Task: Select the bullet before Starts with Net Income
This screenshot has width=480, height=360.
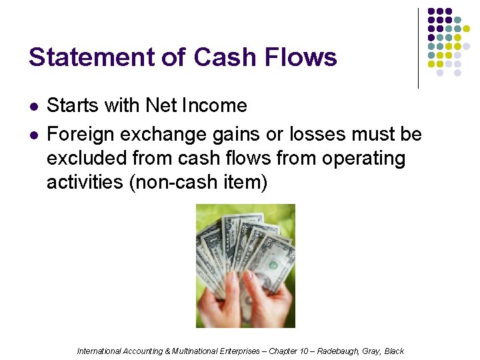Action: click(x=33, y=107)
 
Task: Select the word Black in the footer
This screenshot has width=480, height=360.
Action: click(x=394, y=351)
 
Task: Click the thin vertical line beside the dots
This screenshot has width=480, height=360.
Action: click(x=418, y=48)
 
